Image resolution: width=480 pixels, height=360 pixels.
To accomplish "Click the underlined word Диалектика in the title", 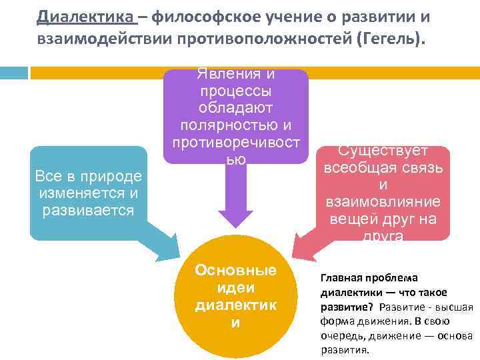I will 87,15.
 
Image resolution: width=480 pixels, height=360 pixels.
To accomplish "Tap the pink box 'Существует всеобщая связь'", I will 383,193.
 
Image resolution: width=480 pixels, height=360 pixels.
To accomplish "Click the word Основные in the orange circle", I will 235,271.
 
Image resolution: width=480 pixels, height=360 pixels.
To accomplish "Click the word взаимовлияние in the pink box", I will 383,201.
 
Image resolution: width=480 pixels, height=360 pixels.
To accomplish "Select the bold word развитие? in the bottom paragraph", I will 347,307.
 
